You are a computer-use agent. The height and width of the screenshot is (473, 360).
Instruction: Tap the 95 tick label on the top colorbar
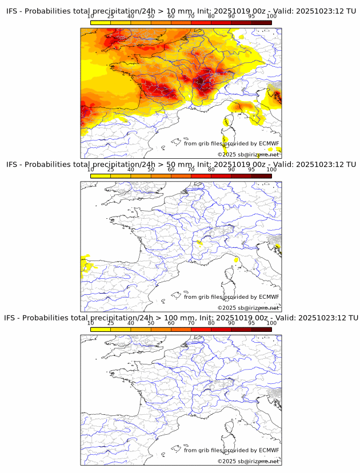point(251,16)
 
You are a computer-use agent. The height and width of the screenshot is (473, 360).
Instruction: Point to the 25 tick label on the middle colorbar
point(110,170)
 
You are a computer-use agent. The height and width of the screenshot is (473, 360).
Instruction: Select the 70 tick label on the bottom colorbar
point(191,323)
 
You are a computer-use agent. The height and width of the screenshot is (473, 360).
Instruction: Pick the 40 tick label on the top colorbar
point(131,16)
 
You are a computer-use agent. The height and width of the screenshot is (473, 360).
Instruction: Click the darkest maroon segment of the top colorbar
point(261,22)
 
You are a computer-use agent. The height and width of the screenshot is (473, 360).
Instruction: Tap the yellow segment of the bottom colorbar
point(101,329)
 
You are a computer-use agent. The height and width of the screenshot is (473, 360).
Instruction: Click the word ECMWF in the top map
point(269,143)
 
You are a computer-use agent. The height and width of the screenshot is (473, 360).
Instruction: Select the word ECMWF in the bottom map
point(269,450)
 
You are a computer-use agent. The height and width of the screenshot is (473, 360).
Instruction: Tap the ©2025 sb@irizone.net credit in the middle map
point(248,308)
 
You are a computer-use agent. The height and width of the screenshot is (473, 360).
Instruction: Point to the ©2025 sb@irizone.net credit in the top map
point(248,155)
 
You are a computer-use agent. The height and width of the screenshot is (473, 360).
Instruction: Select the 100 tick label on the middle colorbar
point(271,170)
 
